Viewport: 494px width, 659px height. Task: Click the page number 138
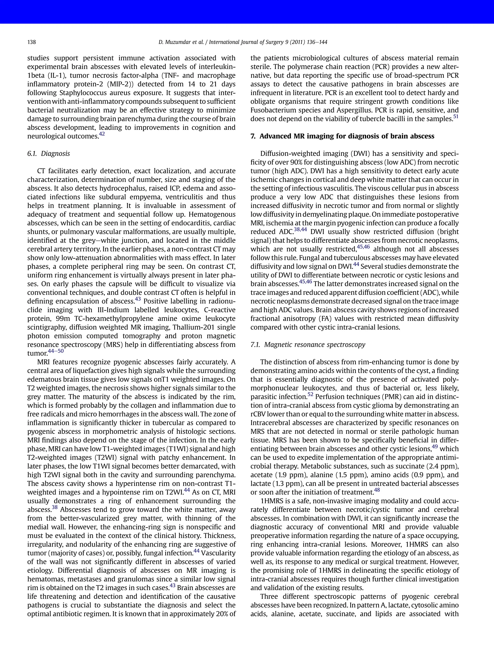32,42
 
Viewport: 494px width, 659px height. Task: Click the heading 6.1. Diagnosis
48,154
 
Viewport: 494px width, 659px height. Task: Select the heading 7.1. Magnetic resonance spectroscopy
308,345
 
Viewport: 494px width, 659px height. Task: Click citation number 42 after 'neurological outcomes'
102,134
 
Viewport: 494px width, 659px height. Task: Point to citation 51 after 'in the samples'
456,117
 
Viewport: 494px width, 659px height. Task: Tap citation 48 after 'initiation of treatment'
377,490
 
